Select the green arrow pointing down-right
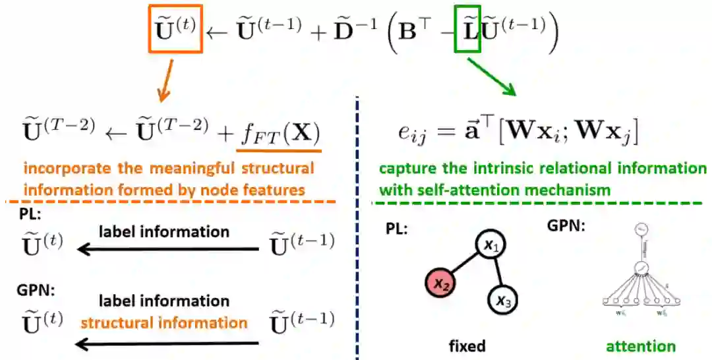click(x=493, y=76)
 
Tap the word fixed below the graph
click(x=467, y=345)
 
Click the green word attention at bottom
click(x=641, y=346)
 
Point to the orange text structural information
click(x=164, y=322)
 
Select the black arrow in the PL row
click(x=169, y=249)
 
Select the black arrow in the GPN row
click(x=169, y=343)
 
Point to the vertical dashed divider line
click(x=357, y=231)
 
